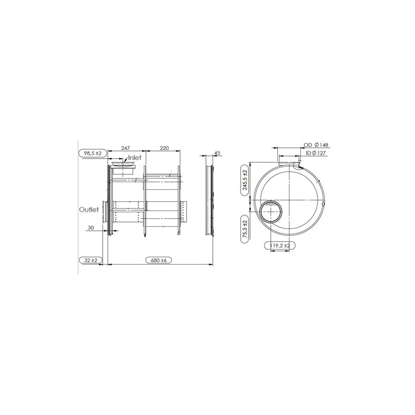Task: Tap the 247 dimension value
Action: [125, 148]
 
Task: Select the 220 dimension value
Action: [164, 148]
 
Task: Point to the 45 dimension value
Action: [217, 153]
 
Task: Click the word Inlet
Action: [134, 158]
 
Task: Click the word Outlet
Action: [89, 210]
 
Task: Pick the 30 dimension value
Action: [91, 228]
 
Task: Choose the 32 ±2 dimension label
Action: [91, 260]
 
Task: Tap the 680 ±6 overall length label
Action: [159, 260]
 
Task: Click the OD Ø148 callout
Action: [316, 145]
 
